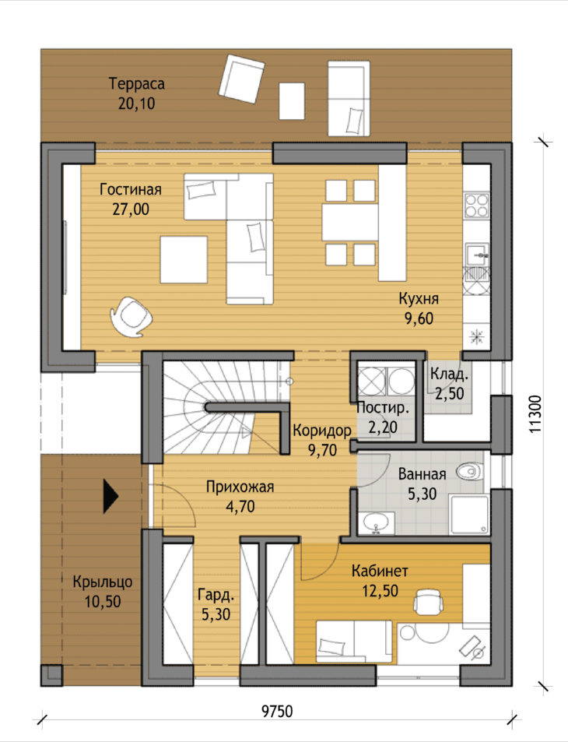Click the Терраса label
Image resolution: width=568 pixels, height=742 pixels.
pos(137,84)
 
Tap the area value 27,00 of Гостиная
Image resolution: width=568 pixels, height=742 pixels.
pos(131,209)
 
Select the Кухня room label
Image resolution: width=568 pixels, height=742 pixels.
pos(419,299)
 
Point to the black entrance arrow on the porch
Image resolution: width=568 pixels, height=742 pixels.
pos(110,496)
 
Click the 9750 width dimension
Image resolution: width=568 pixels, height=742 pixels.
pos(277,711)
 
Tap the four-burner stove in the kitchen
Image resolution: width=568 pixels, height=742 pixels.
pos(476,206)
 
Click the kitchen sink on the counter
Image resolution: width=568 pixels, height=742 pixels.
pos(477,255)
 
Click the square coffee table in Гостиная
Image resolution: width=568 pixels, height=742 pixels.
pos(184,260)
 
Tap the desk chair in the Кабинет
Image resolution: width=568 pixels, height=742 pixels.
pos(429,601)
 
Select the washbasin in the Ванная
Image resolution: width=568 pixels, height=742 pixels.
pos(377,522)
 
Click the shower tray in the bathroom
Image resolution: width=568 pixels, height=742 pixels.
pos(469,515)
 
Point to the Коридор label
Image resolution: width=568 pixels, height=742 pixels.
pos(322,430)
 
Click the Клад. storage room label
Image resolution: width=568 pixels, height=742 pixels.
pos(449,374)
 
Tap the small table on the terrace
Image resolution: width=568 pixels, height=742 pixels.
pos(291,100)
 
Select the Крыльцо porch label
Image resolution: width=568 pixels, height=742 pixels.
pos(102,582)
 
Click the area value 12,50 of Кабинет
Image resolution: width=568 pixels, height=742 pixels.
pos(380,591)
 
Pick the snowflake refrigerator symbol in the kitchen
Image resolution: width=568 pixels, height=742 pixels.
pos(475,336)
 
